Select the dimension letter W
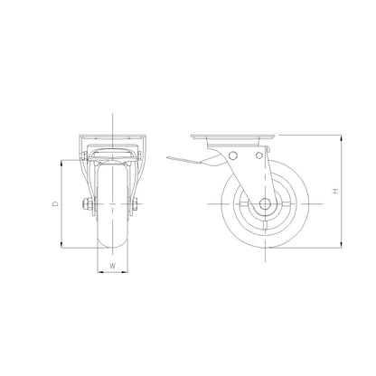click(x=112, y=266)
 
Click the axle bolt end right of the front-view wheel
click(x=136, y=205)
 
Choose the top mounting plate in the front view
click(x=111, y=140)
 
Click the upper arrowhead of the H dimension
click(x=340, y=140)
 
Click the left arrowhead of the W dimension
click(x=99, y=272)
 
